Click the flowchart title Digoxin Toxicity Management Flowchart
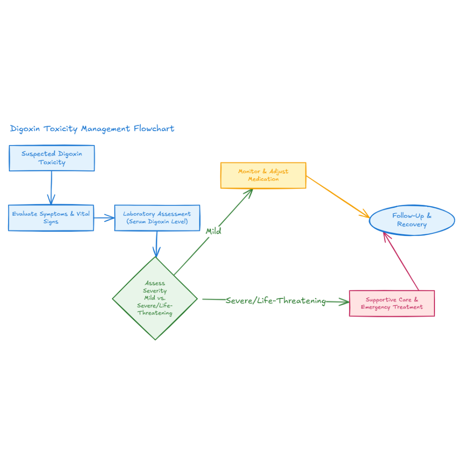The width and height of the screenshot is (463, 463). click(92, 129)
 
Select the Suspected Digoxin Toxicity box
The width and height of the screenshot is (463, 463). click(52, 158)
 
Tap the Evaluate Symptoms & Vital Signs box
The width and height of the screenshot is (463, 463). click(51, 218)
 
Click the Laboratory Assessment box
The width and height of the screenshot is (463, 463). click(157, 218)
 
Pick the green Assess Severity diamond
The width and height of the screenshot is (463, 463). click(155, 298)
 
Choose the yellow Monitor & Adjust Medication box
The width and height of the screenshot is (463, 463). click(263, 175)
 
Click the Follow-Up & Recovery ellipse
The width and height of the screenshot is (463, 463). click(411, 220)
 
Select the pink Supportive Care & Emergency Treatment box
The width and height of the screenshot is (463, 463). click(392, 303)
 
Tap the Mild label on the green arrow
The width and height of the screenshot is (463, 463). click(213, 231)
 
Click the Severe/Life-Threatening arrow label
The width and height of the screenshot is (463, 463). click(275, 301)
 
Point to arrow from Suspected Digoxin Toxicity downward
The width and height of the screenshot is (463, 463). click(51, 188)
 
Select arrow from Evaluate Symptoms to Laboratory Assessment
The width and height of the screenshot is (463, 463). click(104, 218)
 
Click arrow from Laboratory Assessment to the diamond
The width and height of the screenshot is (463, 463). click(156, 244)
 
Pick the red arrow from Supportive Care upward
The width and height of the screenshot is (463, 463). click(402, 262)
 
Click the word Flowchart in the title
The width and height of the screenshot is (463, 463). click(154, 129)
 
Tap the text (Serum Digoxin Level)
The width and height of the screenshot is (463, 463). click(157, 222)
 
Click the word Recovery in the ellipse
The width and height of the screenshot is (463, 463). click(411, 225)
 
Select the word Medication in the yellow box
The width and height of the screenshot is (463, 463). click(263, 180)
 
